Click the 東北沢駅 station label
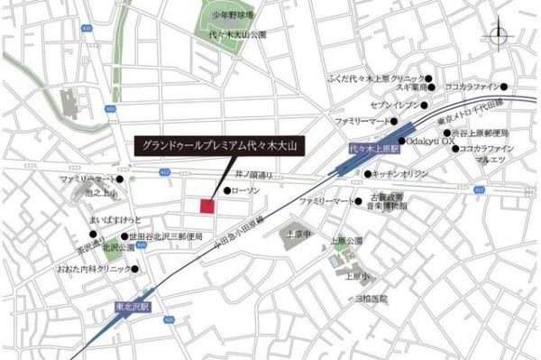point(133,306)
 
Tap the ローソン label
point(246,191)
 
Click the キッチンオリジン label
point(400,172)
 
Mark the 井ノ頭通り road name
point(253,172)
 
